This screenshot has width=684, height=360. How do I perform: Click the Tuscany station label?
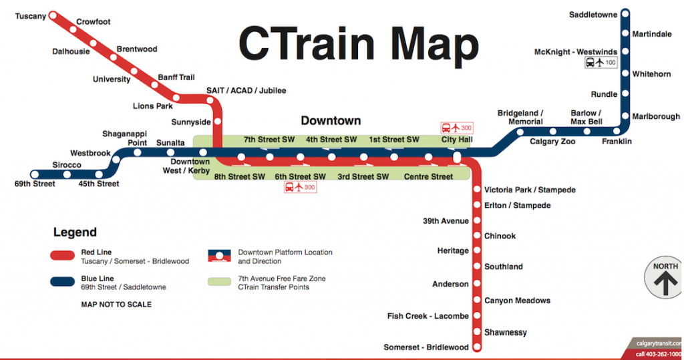[x=31, y=15]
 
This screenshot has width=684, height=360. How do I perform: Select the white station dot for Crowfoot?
[x=72, y=29]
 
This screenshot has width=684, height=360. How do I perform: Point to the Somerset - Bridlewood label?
[x=426, y=347]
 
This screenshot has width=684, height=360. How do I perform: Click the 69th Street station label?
[x=35, y=184]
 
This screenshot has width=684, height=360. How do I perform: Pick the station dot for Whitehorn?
[x=625, y=74]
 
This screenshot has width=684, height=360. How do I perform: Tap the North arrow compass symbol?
[x=665, y=279]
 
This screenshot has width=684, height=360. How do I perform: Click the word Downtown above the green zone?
[x=331, y=121]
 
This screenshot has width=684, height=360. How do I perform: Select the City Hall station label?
[x=457, y=140]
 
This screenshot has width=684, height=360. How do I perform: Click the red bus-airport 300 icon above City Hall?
[x=456, y=128]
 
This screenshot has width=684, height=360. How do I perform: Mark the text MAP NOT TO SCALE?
[x=116, y=305]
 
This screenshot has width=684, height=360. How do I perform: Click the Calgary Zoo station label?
[x=552, y=142]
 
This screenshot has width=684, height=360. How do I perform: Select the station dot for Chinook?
[x=477, y=236]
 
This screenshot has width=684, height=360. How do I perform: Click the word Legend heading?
[x=75, y=232]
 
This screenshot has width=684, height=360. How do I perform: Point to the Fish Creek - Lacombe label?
[x=428, y=316]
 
